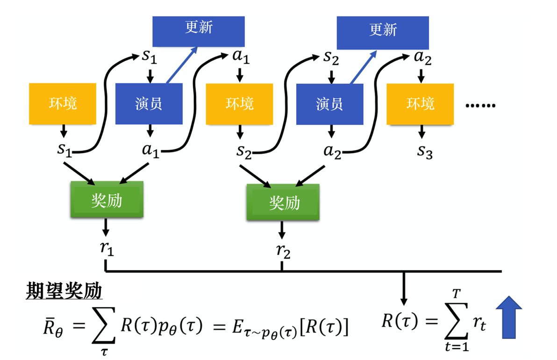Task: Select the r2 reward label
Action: pos(283,251)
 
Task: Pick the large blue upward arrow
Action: pos(508,317)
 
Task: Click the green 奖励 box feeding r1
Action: pos(107,200)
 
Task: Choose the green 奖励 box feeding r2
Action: pos(283,202)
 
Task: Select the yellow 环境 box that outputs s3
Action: pos(420,104)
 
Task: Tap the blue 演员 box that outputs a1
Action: pos(149,104)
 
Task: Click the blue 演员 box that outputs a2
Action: pos(330,104)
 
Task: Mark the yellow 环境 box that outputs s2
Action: pos(239,104)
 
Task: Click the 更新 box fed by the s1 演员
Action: pos(199,31)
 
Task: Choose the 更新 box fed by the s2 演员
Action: pos(383,32)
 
